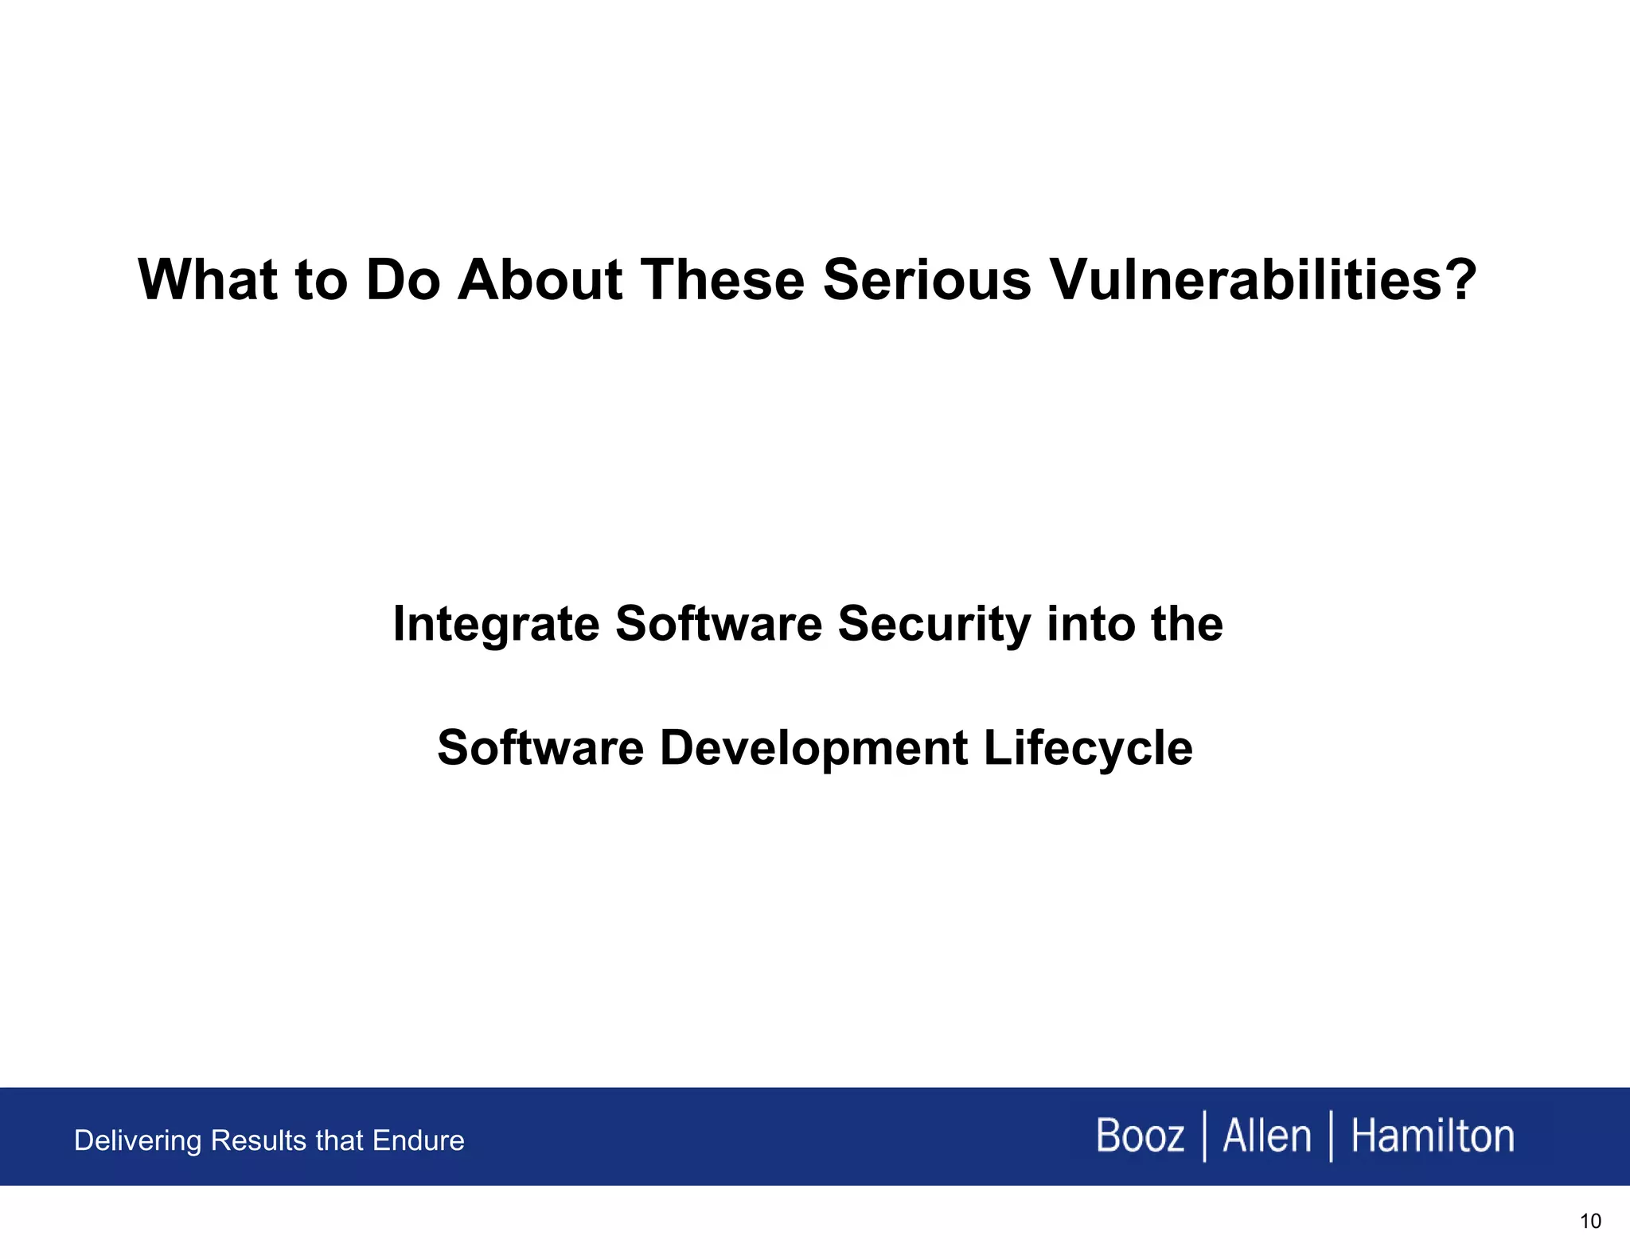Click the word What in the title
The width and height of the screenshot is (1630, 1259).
coord(208,280)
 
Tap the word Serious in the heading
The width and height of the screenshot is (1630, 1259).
coord(926,280)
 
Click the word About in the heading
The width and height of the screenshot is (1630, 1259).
coord(540,280)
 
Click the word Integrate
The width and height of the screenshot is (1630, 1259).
coord(495,624)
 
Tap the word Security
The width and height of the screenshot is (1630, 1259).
coord(934,624)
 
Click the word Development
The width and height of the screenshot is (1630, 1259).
coord(813,749)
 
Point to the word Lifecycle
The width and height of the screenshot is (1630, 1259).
coord(1088,749)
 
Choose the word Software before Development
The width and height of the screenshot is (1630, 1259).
coord(540,749)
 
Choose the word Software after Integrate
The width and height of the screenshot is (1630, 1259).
coord(718,624)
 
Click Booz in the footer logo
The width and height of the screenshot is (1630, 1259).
coord(1139,1136)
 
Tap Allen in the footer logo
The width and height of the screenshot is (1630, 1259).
coord(1266,1136)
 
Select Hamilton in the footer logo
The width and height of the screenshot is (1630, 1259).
coord(1432,1136)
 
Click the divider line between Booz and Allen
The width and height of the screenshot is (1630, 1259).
coord(1204,1136)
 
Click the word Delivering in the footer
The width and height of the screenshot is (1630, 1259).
coord(138,1141)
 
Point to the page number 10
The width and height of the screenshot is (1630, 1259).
coord(1589,1222)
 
